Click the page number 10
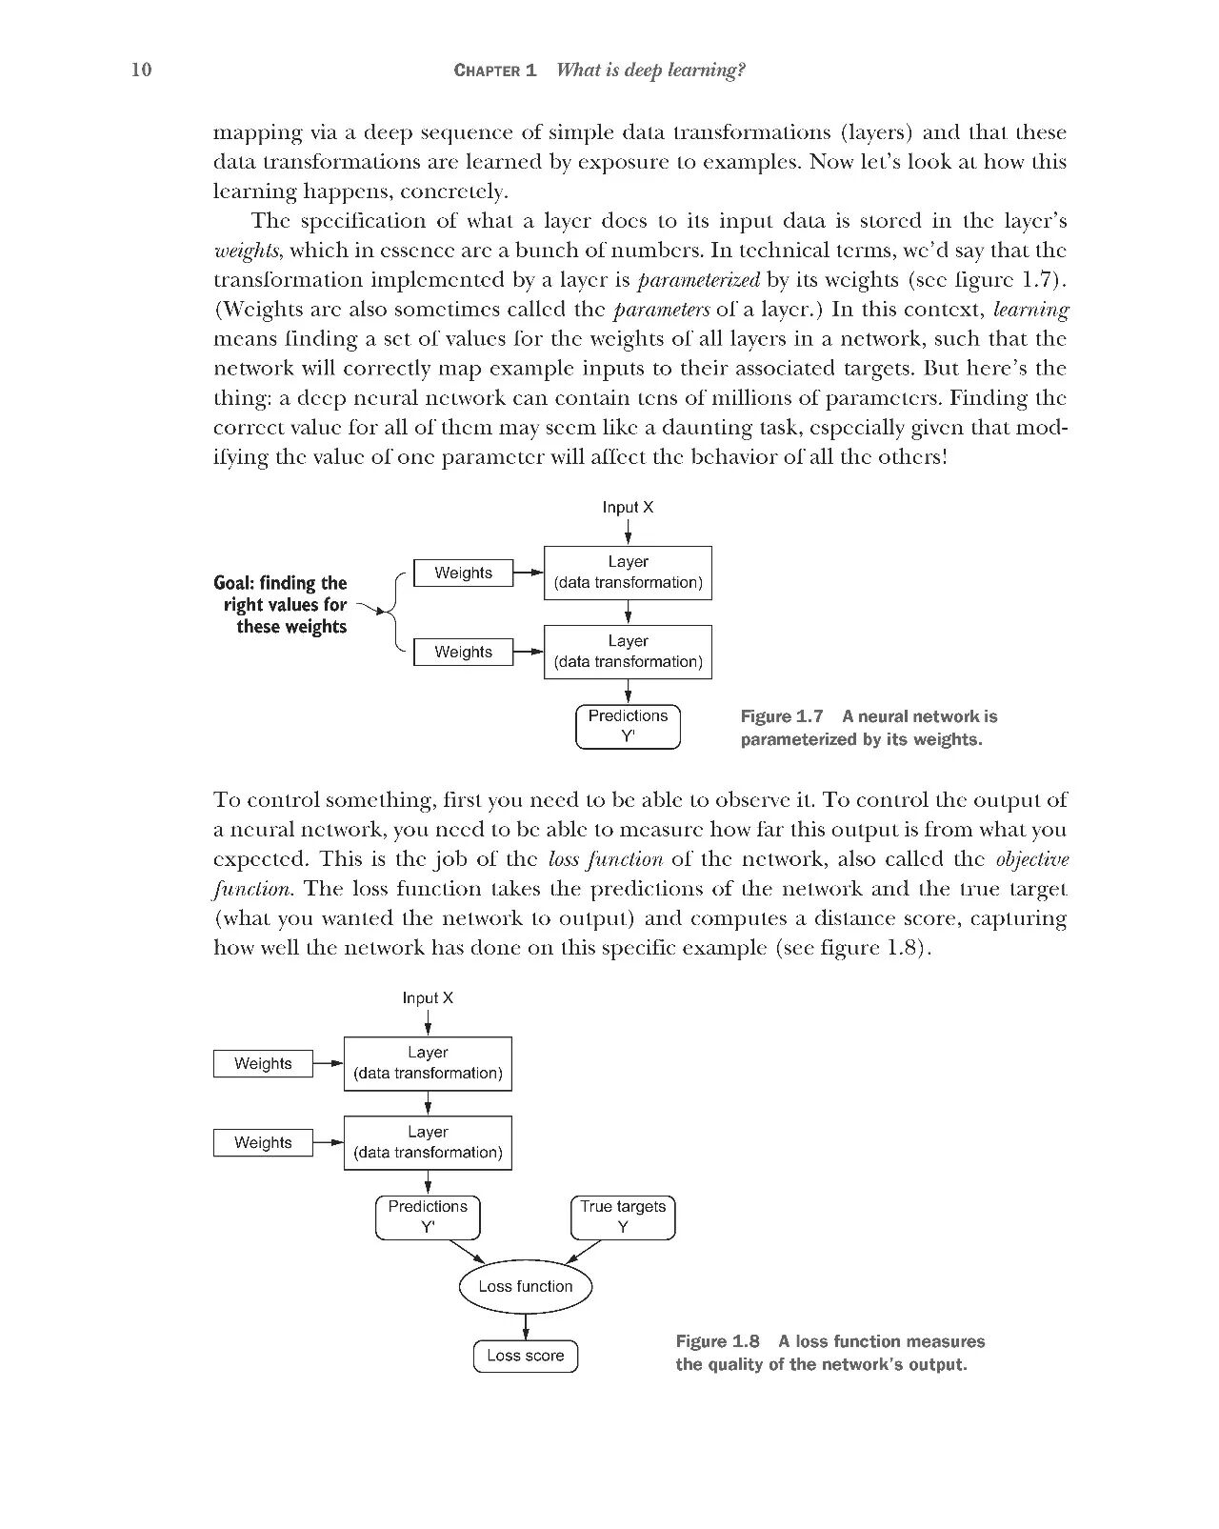141,70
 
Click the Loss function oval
526,1286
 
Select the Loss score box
526,1356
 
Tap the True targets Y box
623,1217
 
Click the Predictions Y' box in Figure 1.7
629,726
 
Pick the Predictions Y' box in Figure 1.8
428,1217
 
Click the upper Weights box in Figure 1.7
463,573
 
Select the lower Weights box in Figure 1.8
263,1142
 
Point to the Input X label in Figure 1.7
628,507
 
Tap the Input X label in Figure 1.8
428,997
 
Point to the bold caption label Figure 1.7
781,716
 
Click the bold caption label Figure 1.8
717,1341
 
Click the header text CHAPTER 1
495,70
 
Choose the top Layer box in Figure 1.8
428,1063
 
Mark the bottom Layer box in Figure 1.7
628,652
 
